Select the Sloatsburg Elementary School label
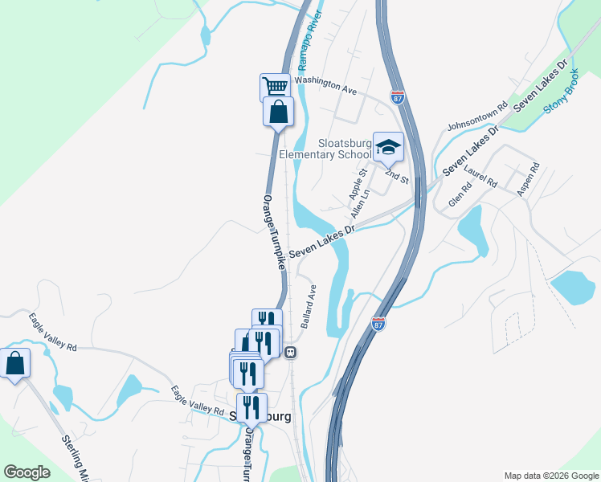coord(325,149)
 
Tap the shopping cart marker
coord(275,87)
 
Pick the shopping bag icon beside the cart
coord(278,112)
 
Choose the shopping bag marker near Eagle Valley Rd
coord(14,363)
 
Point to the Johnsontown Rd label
coord(478,116)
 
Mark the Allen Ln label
coord(361,203)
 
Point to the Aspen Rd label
coord(529,180)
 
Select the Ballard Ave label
coord(309,305)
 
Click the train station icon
coord(292,352)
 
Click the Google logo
coord(27,472)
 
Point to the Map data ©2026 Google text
coord(550,476)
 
